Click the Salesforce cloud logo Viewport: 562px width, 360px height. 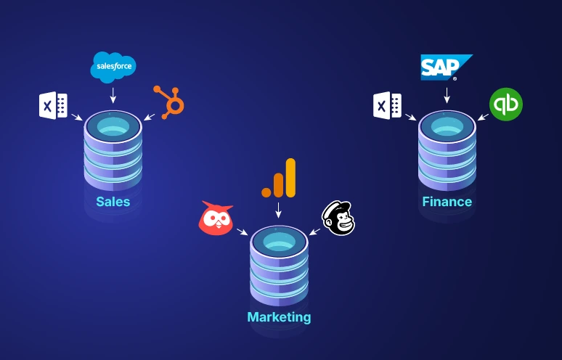click(113, 67)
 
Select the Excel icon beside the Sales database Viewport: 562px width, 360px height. click(53, 106)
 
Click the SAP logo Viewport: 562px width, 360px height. click(445, 67)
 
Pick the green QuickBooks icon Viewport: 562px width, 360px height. click(505, 104)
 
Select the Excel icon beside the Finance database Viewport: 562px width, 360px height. click(387, 105)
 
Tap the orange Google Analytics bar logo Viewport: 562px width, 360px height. click(280, 179)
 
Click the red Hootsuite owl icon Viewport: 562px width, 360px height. click(216, 218)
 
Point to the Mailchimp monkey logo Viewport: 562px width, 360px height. click(338, 218)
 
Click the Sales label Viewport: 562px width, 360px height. click(113, 201)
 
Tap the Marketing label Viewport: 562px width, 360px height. click(279, 317)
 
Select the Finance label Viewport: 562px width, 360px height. click(447, 202)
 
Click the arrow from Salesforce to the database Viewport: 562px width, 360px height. click(113, 95)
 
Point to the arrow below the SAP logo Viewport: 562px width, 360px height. click(447, 94)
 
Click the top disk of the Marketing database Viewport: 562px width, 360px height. click(279, 241)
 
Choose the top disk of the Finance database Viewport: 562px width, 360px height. click(447, 126)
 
